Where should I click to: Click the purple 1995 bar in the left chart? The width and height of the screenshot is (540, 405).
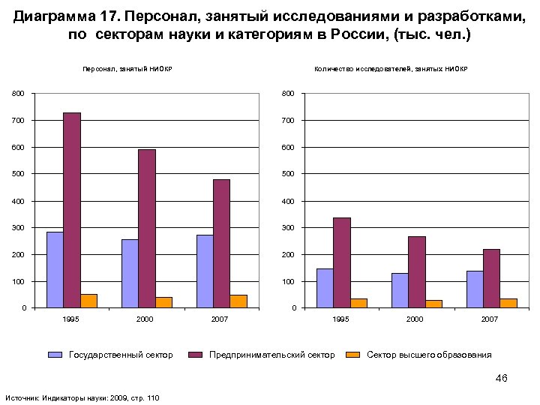point(72,210)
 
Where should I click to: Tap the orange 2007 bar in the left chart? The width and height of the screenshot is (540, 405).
point(238,301)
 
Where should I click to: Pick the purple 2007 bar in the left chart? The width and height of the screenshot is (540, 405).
point(221,244)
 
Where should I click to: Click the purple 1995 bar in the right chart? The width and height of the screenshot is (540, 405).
point(342,262)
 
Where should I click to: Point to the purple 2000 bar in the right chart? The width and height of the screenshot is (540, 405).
point(416,272)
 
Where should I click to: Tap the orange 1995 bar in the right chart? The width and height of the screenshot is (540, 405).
point(358,303)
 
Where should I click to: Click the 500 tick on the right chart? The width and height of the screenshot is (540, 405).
point(289,174)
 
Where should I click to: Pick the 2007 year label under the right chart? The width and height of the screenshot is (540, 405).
point(490,319)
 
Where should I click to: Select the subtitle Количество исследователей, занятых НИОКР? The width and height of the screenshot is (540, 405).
point(391,70)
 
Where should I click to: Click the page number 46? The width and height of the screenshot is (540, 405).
point(502,378)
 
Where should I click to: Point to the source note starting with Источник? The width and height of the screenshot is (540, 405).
point(82,397)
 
